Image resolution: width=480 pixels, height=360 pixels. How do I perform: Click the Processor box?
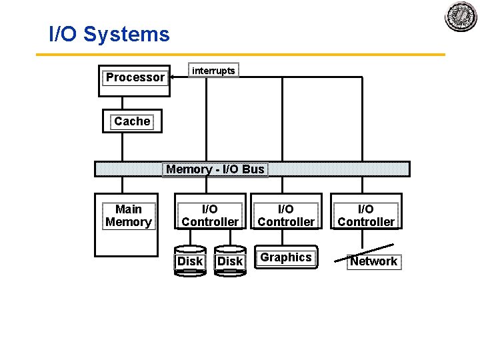point(134,79)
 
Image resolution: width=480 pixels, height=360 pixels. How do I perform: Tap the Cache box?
point(132,121)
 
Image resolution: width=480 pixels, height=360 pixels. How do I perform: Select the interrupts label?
point(213,71)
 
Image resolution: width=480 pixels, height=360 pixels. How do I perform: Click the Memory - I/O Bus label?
point(215,169)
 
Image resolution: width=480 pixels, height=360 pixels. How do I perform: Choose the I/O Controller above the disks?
point(210,215)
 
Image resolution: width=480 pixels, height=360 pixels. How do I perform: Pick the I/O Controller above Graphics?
point(285,215)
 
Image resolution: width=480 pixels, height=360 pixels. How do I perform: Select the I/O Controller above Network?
point(366,215)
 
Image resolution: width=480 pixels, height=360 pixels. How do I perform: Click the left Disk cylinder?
point(190,262)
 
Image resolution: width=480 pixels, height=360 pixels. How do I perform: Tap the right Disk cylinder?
point(230,262)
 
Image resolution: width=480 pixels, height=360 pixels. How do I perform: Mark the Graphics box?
point(286,258)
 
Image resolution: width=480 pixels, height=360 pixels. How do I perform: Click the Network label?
point(373,261)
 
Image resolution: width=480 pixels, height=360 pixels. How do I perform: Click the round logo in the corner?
point(461,16)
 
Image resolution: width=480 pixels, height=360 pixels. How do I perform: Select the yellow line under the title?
point(240,55)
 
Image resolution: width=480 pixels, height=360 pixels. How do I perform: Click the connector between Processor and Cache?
point(123,103)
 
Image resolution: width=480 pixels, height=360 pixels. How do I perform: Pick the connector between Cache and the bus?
point(123,147)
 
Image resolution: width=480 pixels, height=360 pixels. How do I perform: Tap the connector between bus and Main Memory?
point(123,185)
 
